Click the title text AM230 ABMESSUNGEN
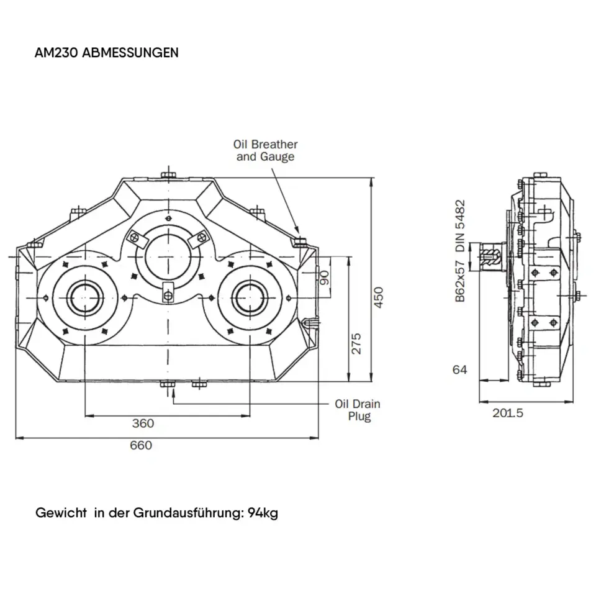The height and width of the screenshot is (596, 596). [107, 52]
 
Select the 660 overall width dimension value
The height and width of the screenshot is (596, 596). [140, 445]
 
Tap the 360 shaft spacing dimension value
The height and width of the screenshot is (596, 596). [143, 423]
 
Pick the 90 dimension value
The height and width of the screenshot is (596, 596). [323, 277]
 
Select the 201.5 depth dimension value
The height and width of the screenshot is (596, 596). [507, 413]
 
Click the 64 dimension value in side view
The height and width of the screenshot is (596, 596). [459, 370]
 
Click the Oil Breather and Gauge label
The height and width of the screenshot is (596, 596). [265, 150]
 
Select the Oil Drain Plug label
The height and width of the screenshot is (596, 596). [358, 410]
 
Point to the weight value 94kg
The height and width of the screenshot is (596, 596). [263, 513]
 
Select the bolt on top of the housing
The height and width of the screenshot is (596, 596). [168, 174]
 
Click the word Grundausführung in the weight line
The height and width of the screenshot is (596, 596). [188, 513]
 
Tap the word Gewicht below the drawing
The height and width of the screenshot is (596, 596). [61, 513]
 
